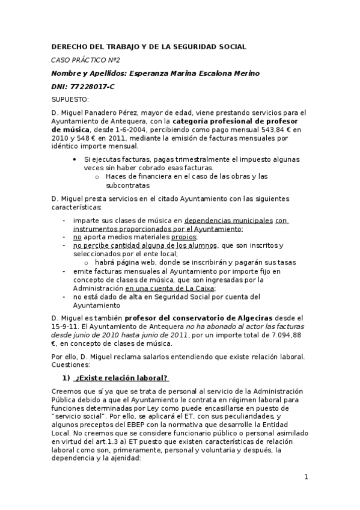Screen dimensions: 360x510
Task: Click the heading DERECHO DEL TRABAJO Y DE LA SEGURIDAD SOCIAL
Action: (x=149, y=46)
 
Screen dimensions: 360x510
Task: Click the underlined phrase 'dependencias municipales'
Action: (x=228, y=220)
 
